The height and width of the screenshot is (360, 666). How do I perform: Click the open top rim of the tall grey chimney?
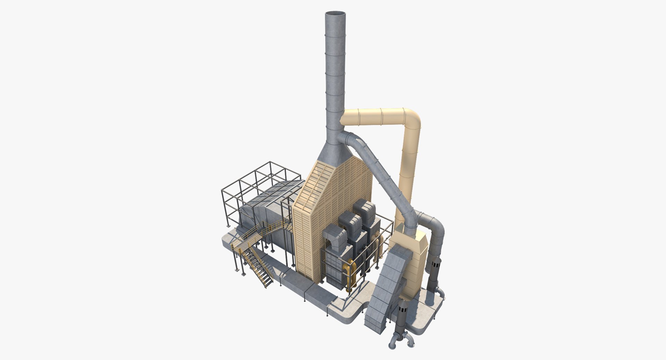click(335, 14)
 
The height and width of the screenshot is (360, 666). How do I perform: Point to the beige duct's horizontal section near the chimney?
click(368, 117)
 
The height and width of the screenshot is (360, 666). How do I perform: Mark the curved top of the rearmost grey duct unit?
click(364, 208)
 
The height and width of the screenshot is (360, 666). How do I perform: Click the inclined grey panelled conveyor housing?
click(385, 288)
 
